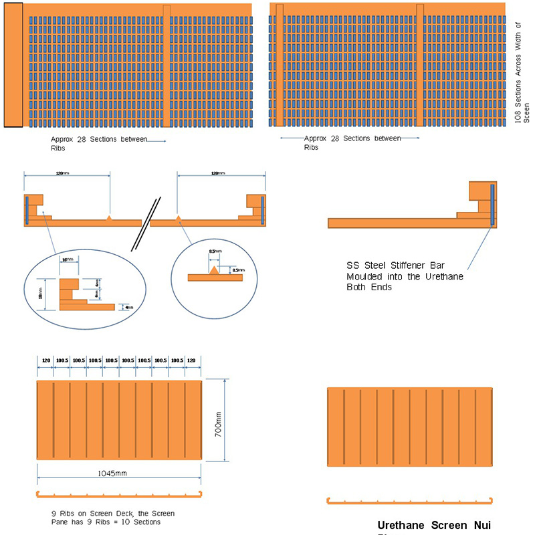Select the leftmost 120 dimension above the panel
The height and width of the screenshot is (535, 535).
click(x=46, y=359)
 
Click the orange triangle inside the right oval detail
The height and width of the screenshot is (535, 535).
click(x=214, y=270)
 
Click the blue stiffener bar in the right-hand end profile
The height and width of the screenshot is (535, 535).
click(x=492, y=204)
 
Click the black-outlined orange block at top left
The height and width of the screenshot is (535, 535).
click(x=13, y=65)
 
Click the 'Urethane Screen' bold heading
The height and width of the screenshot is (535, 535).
click(x=435, y=525)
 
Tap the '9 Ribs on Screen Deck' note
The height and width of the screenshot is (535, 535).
click(x=112, y=514)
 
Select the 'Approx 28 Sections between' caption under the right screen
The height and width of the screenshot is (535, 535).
click(x=352, y=138)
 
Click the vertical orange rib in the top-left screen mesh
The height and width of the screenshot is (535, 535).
click(x=167, y=66)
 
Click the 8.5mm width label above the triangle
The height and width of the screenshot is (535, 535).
click(x=212, y=252)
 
